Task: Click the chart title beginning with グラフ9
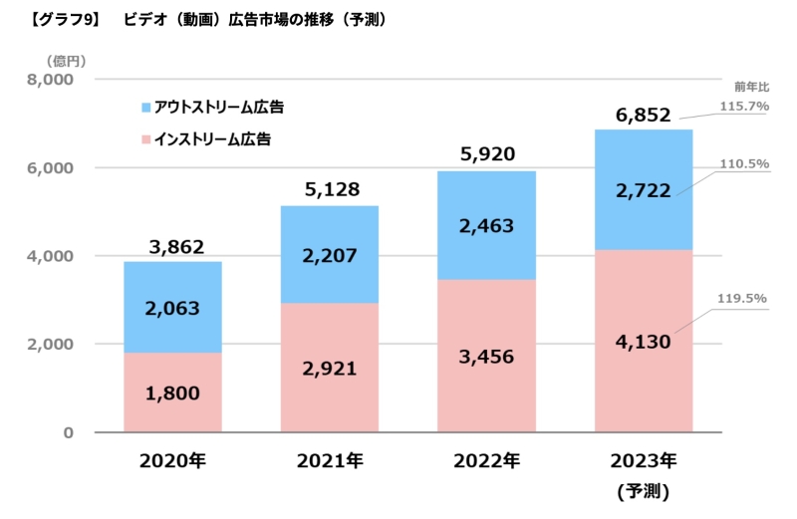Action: (x=203, y=19)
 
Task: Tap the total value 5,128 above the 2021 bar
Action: (x=329, y=188)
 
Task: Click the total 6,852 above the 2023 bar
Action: (x=643, y=115)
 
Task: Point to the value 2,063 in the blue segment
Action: (x=172, y=308)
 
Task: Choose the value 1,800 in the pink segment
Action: (x=172, y=393)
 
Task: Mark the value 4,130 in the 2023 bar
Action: (x=643, y=344)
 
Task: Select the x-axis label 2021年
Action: (x=329, y=461)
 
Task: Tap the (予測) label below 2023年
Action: (x=643, y=490)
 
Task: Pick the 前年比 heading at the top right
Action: (x=751, y=85)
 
